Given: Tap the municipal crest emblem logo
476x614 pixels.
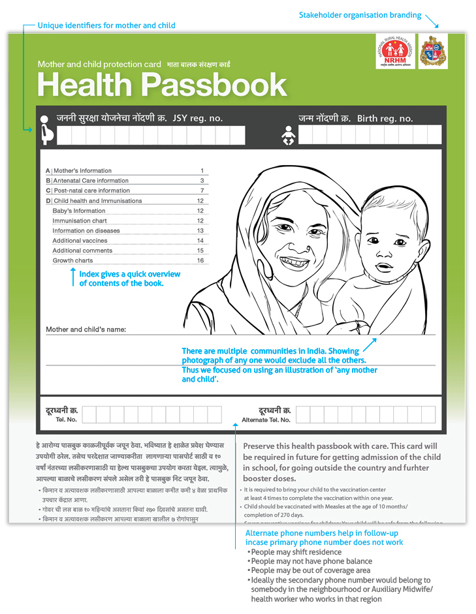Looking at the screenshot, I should pyautogui.click(x=434, y=52).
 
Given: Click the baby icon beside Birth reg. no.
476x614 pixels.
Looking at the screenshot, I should pyautogui.click(x=288, y=135).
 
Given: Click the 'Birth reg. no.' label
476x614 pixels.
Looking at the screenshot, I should pyautogui.click(x=385, y=119).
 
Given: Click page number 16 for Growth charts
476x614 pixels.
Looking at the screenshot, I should pyautogui.click(x=200, y=260).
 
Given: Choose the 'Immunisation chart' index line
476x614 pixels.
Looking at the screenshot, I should pyautogui.click(x=80, y=221).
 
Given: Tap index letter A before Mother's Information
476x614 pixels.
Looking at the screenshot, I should pyautogui.click(x=48, y=171).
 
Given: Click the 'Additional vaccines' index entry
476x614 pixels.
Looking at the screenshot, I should pyautogui.click(x=81, y=241).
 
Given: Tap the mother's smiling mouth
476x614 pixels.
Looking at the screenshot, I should pyautogui.click(x=295, y=262).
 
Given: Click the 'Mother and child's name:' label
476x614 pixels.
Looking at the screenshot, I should pyautogui.click(x=86, y=330).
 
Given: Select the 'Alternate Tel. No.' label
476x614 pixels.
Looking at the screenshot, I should pyautogui.click(x=266, y=420).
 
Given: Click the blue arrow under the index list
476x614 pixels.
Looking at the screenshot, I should pyautogui.click(x=73, y=277).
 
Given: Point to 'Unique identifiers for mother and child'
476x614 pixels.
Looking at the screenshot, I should pyautogui.click(x=106, y=25).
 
